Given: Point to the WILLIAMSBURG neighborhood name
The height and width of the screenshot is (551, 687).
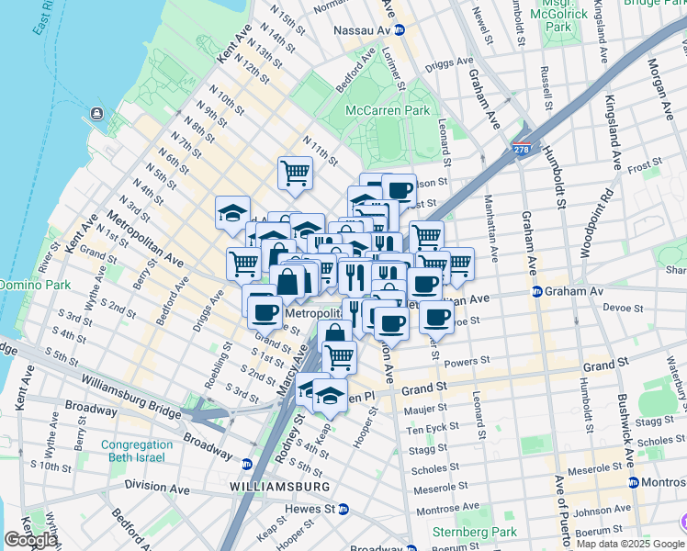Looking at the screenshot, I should point(279,485).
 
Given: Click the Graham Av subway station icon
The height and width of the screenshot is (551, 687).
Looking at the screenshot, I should point(536,292).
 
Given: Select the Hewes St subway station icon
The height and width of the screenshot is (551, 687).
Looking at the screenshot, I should point(343,508).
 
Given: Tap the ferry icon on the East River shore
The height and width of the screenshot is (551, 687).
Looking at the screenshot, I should point(95,117).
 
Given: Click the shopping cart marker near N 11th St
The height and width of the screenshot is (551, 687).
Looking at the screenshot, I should point(295,172).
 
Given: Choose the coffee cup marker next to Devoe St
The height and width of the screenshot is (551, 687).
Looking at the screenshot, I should point(437,317).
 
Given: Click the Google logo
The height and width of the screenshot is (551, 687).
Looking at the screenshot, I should point(30,540).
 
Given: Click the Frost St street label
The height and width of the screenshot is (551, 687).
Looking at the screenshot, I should point(645,166).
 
